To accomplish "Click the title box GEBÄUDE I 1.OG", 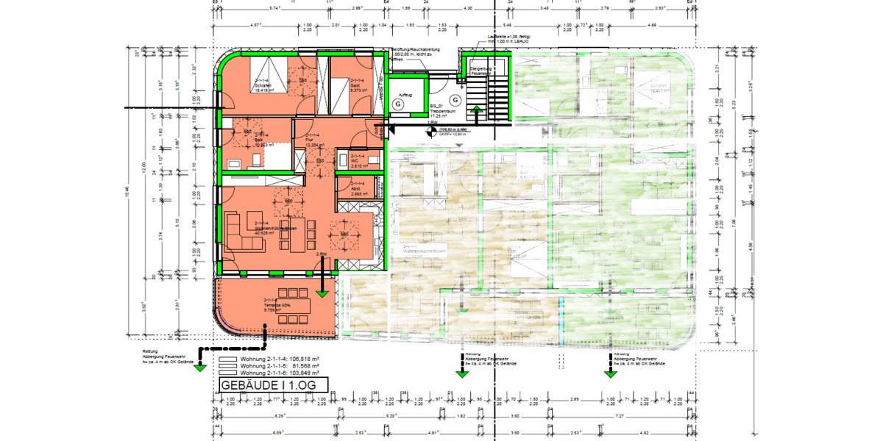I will click(270, 384).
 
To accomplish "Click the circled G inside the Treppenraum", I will click(455, 99).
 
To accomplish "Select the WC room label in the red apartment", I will click(358, 162).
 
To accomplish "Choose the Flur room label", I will click(313, 140).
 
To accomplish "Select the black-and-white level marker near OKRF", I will click(429, 132).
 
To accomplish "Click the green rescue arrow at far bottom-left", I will click(198, 367).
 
